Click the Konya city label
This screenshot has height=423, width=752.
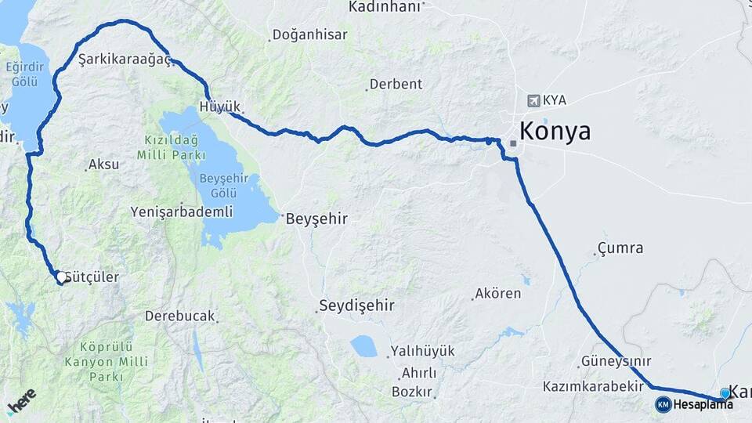(555, 131)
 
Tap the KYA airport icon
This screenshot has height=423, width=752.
(534, 100)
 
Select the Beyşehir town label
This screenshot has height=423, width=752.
(316, 219)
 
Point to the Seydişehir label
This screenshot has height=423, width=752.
(356, 305)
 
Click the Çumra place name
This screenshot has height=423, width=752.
(620, 248)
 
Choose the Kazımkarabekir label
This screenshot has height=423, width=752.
(592, 387)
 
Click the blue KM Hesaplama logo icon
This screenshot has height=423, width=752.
(663, 404)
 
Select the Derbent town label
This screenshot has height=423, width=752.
(396, 84)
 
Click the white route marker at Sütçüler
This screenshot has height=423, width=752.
(61, 277)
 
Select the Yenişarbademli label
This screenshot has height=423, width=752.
(182, 211)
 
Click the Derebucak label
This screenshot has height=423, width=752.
(179, 316)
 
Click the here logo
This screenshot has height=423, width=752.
(23, 402)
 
